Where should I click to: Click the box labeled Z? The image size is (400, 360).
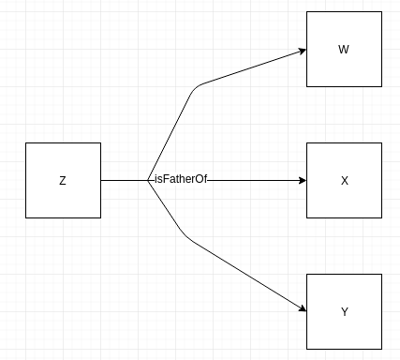click(63, 180)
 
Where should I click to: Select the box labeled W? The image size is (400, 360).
click(344, 49)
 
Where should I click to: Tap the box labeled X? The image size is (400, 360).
click(344, 180)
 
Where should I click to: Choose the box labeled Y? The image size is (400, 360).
click(344, 311)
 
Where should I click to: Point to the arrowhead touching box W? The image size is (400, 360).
click(302, 51)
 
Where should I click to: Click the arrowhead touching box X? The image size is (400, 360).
click(302, 180)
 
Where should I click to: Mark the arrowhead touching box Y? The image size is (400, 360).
click(302, 308)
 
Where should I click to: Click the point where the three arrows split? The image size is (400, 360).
click(148, 180)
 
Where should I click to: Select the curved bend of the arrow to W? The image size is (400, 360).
click(197, 89)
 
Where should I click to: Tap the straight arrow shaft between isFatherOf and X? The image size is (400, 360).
click(253, 180)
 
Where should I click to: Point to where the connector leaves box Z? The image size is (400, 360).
click(101, 180)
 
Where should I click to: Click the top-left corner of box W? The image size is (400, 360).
click(307, 12)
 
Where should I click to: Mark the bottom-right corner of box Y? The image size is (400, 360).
click(381, 349)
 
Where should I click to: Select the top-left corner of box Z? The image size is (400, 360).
click(26, 143)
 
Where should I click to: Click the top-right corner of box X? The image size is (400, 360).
click(381, 143)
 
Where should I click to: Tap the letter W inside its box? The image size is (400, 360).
click(344, 49)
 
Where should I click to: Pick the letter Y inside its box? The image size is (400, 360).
click(344, 311)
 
